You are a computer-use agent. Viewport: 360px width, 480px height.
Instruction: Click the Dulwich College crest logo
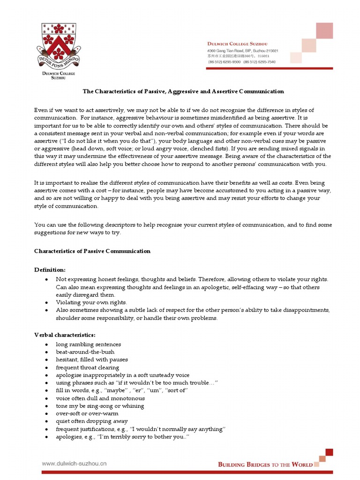tap(59, 45)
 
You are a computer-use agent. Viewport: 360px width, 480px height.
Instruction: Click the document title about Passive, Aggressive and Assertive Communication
tap(183, 91)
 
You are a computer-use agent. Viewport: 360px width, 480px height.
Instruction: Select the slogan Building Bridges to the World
tap(265, 464)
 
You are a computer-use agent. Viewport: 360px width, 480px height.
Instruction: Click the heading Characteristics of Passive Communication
tap(92, 251)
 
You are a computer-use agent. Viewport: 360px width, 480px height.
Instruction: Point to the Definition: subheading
tap(50, 270)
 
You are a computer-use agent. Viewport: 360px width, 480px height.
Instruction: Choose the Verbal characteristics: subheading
tap(65, 335)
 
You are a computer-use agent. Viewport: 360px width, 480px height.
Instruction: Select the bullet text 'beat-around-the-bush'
tap(85, 352)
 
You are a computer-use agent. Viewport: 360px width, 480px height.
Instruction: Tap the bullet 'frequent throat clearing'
tap(87, 367)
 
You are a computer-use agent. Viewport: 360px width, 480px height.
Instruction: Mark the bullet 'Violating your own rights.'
tap(91, 302)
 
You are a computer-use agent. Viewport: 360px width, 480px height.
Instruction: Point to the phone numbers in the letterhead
tap(241, 61)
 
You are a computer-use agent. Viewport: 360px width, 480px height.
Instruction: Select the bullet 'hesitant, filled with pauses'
tap(91, 360)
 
